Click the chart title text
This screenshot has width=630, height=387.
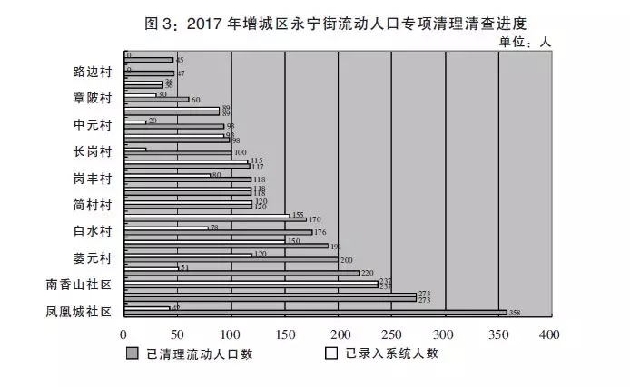click(x=315, y=21)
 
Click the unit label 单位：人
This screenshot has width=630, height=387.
click(x=525, y=41)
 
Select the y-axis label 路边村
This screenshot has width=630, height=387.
click(x=92, y=72)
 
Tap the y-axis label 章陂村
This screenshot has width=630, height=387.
click(x=92, y=98)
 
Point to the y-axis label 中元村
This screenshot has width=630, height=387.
click(x=92, y=124)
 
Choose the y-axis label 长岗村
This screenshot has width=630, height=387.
click(x=92, y=150)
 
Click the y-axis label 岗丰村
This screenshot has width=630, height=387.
click(x=92, y=178)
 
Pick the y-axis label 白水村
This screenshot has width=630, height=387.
click(x=92, y=231)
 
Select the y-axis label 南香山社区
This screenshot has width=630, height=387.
click(x=79, y=285)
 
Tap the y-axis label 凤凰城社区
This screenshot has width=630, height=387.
click(x=79, y=312)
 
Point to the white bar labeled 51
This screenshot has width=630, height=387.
click(x=151, y=268)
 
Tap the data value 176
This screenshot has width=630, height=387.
click(x=320, y=232)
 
